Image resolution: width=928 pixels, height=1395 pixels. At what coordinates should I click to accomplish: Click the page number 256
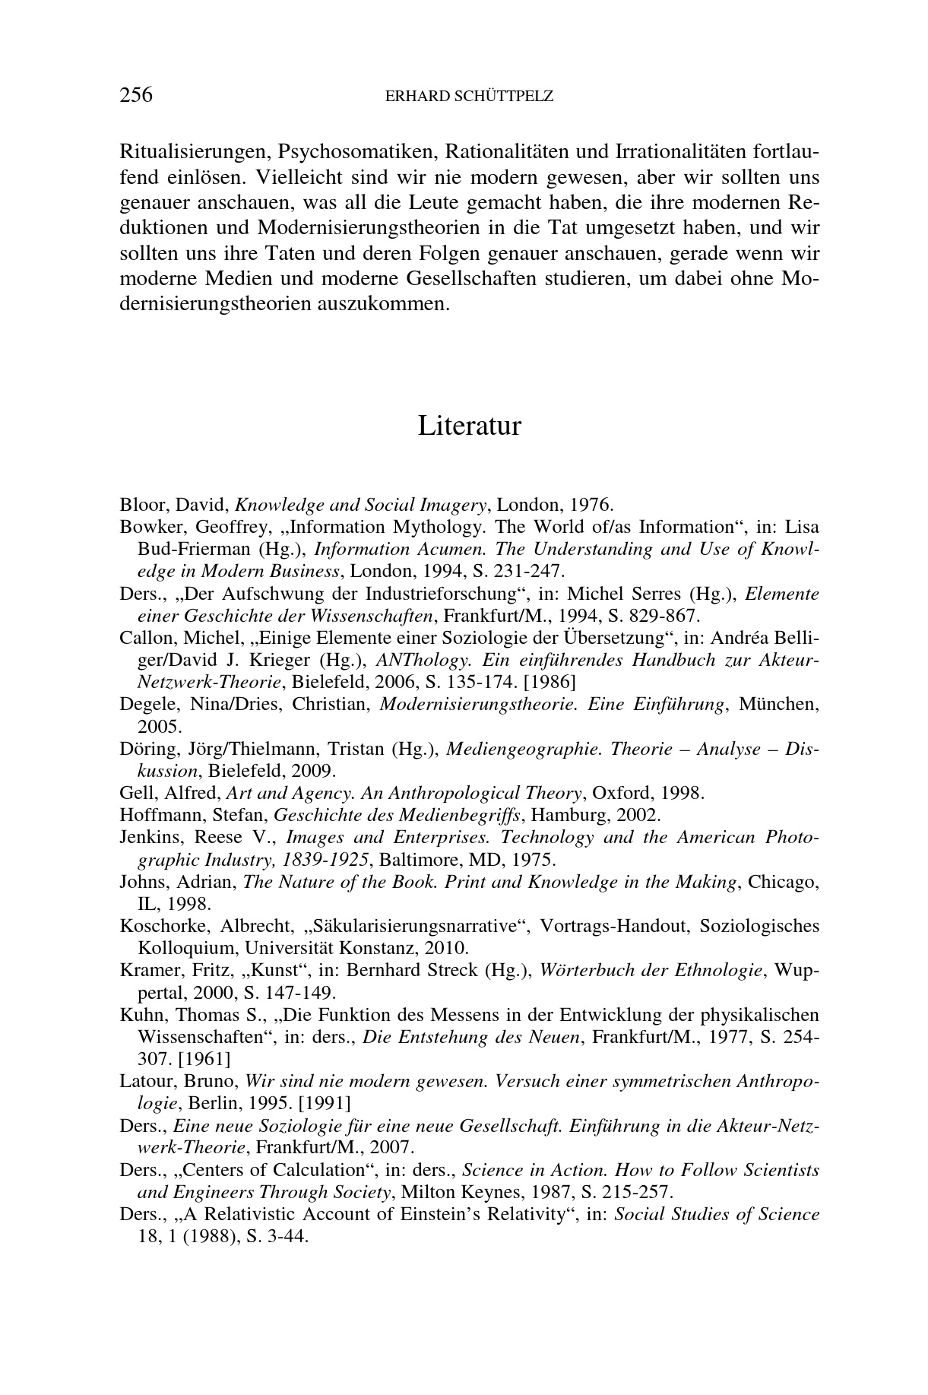click(136, 95)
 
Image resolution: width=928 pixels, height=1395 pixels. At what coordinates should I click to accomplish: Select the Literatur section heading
click(469, 426)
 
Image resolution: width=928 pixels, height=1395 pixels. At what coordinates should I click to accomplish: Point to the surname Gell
click(134, 794)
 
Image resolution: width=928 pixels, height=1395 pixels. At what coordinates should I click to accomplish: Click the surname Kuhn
click(138, 1016)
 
